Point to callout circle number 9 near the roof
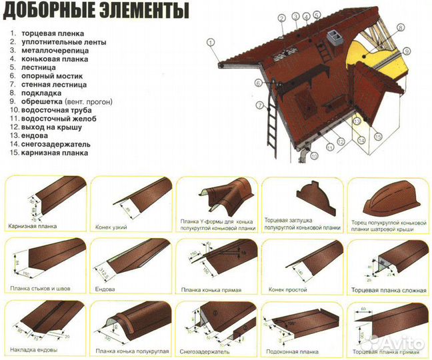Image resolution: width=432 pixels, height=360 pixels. coord(406,51)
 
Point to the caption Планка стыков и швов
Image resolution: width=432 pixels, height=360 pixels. coord(41,288)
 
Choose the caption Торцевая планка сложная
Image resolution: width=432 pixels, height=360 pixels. coord(385,290)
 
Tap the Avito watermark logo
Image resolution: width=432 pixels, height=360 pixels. coord(399,343)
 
